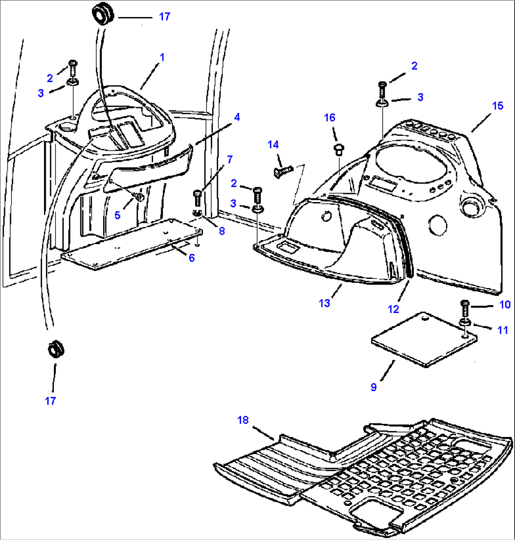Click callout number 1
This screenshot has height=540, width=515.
click(x=162, y=58)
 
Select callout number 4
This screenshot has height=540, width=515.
click(x=237, y=117)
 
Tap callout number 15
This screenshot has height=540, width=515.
click(x=498, y=106)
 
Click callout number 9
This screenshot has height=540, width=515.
click(x=374, y=387)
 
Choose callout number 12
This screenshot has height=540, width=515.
click(x=393, y=309)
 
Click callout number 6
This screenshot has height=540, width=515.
click(x=191, y=258)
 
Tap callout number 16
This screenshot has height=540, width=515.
click(x=330, y=118)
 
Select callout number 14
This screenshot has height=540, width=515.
click(x=273, y=144)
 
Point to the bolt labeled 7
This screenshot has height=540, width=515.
click(x=197, y=197)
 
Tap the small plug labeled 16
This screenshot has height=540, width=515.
click(x=338, y=150)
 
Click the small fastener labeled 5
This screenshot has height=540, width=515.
click(x=140, y=196)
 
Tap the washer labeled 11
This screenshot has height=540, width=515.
click(x=464, y=322)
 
